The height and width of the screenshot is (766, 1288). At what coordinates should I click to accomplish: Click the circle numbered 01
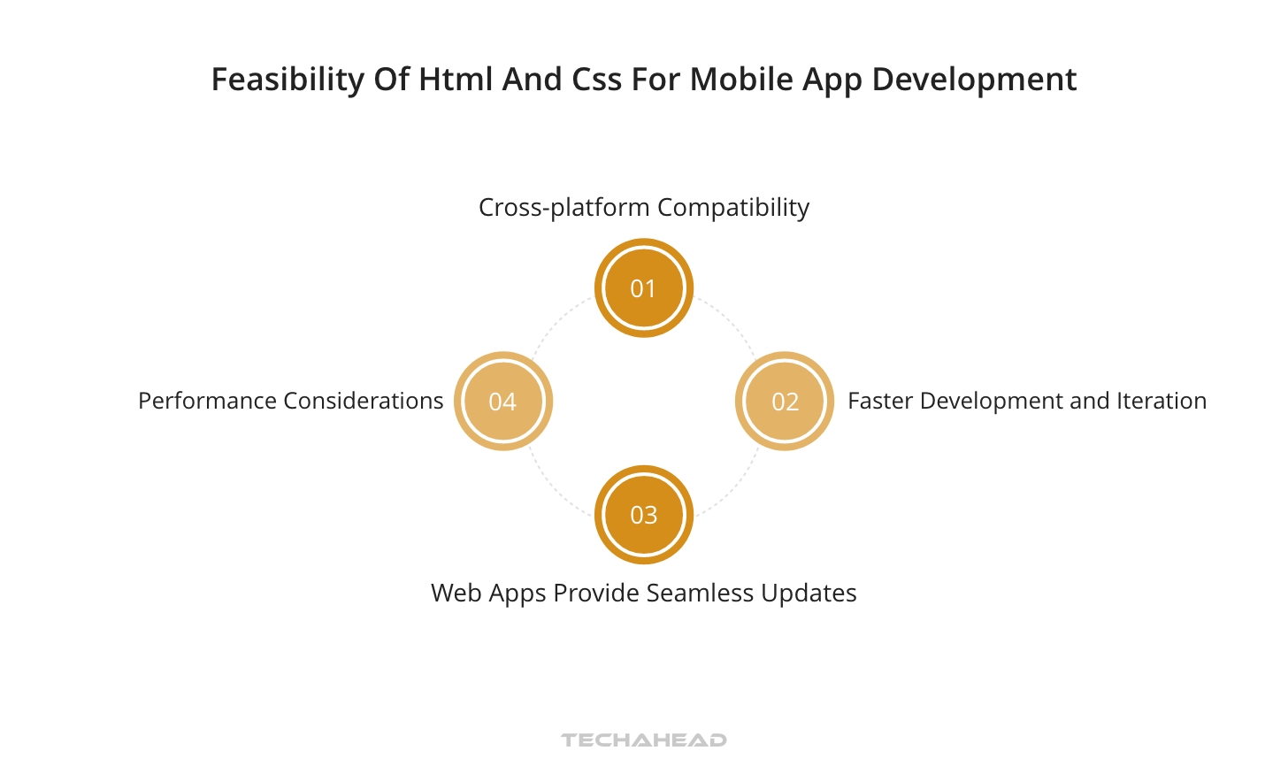click(643, 287)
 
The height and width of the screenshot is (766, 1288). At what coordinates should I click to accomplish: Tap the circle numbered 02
click(785, 401)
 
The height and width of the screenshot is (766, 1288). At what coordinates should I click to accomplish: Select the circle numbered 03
click(643, 515)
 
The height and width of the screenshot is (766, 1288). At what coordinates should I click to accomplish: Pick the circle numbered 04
click(502, 401)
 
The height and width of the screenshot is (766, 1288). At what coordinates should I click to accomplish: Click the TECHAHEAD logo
click(643, 739)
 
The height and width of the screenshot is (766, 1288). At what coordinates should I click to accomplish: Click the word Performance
click(208, 401)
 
